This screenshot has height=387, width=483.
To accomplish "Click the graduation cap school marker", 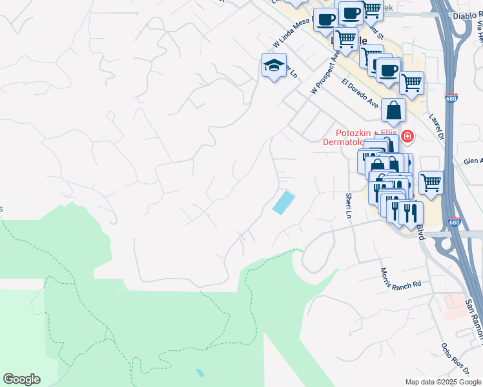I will tap(274, 65).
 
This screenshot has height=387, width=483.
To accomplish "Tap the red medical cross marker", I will tap(407, 136).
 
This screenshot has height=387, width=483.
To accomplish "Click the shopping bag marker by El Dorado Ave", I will tap(393, 112).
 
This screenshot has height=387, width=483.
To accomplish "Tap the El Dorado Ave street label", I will tap(360, 93).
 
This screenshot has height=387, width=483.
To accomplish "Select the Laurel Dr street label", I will tap(437, 126).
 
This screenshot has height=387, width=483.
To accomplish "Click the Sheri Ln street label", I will tap(349, 204).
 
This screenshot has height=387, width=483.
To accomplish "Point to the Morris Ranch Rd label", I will tap(400, 278).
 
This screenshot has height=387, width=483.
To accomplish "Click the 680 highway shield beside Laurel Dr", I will tap(452, 98).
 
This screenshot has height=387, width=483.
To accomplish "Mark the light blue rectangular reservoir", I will tap(283, 203).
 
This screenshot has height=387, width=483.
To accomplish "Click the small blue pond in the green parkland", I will tap(200, 373).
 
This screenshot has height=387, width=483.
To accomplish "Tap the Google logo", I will tap(21, 379).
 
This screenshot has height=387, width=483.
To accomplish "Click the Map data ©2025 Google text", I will tap(443, 382).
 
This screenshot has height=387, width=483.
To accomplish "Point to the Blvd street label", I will tap(420, 232).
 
